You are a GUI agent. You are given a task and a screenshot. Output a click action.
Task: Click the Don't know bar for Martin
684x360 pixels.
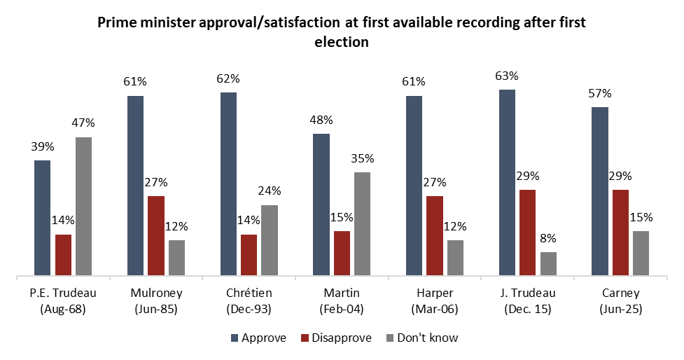click(362, 223)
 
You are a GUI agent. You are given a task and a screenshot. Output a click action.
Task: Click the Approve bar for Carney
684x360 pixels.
click(600, 191)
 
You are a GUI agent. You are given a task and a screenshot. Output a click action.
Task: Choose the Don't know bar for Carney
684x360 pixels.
click(641, 253)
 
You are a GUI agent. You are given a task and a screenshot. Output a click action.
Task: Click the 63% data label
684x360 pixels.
click(507, 76)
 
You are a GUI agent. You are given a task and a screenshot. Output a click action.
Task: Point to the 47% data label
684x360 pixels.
click(84, 123)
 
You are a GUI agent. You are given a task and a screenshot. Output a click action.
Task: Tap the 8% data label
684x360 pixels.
click(548, 238)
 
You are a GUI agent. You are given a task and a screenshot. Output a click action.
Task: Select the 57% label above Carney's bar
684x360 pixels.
click(600, 93)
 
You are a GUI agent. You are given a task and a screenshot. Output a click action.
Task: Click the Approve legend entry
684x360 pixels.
click(258, 338)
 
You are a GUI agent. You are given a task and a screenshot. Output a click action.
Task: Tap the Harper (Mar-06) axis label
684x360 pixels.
click(435, 300)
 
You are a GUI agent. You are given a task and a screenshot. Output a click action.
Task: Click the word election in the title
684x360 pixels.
click(342, 41)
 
